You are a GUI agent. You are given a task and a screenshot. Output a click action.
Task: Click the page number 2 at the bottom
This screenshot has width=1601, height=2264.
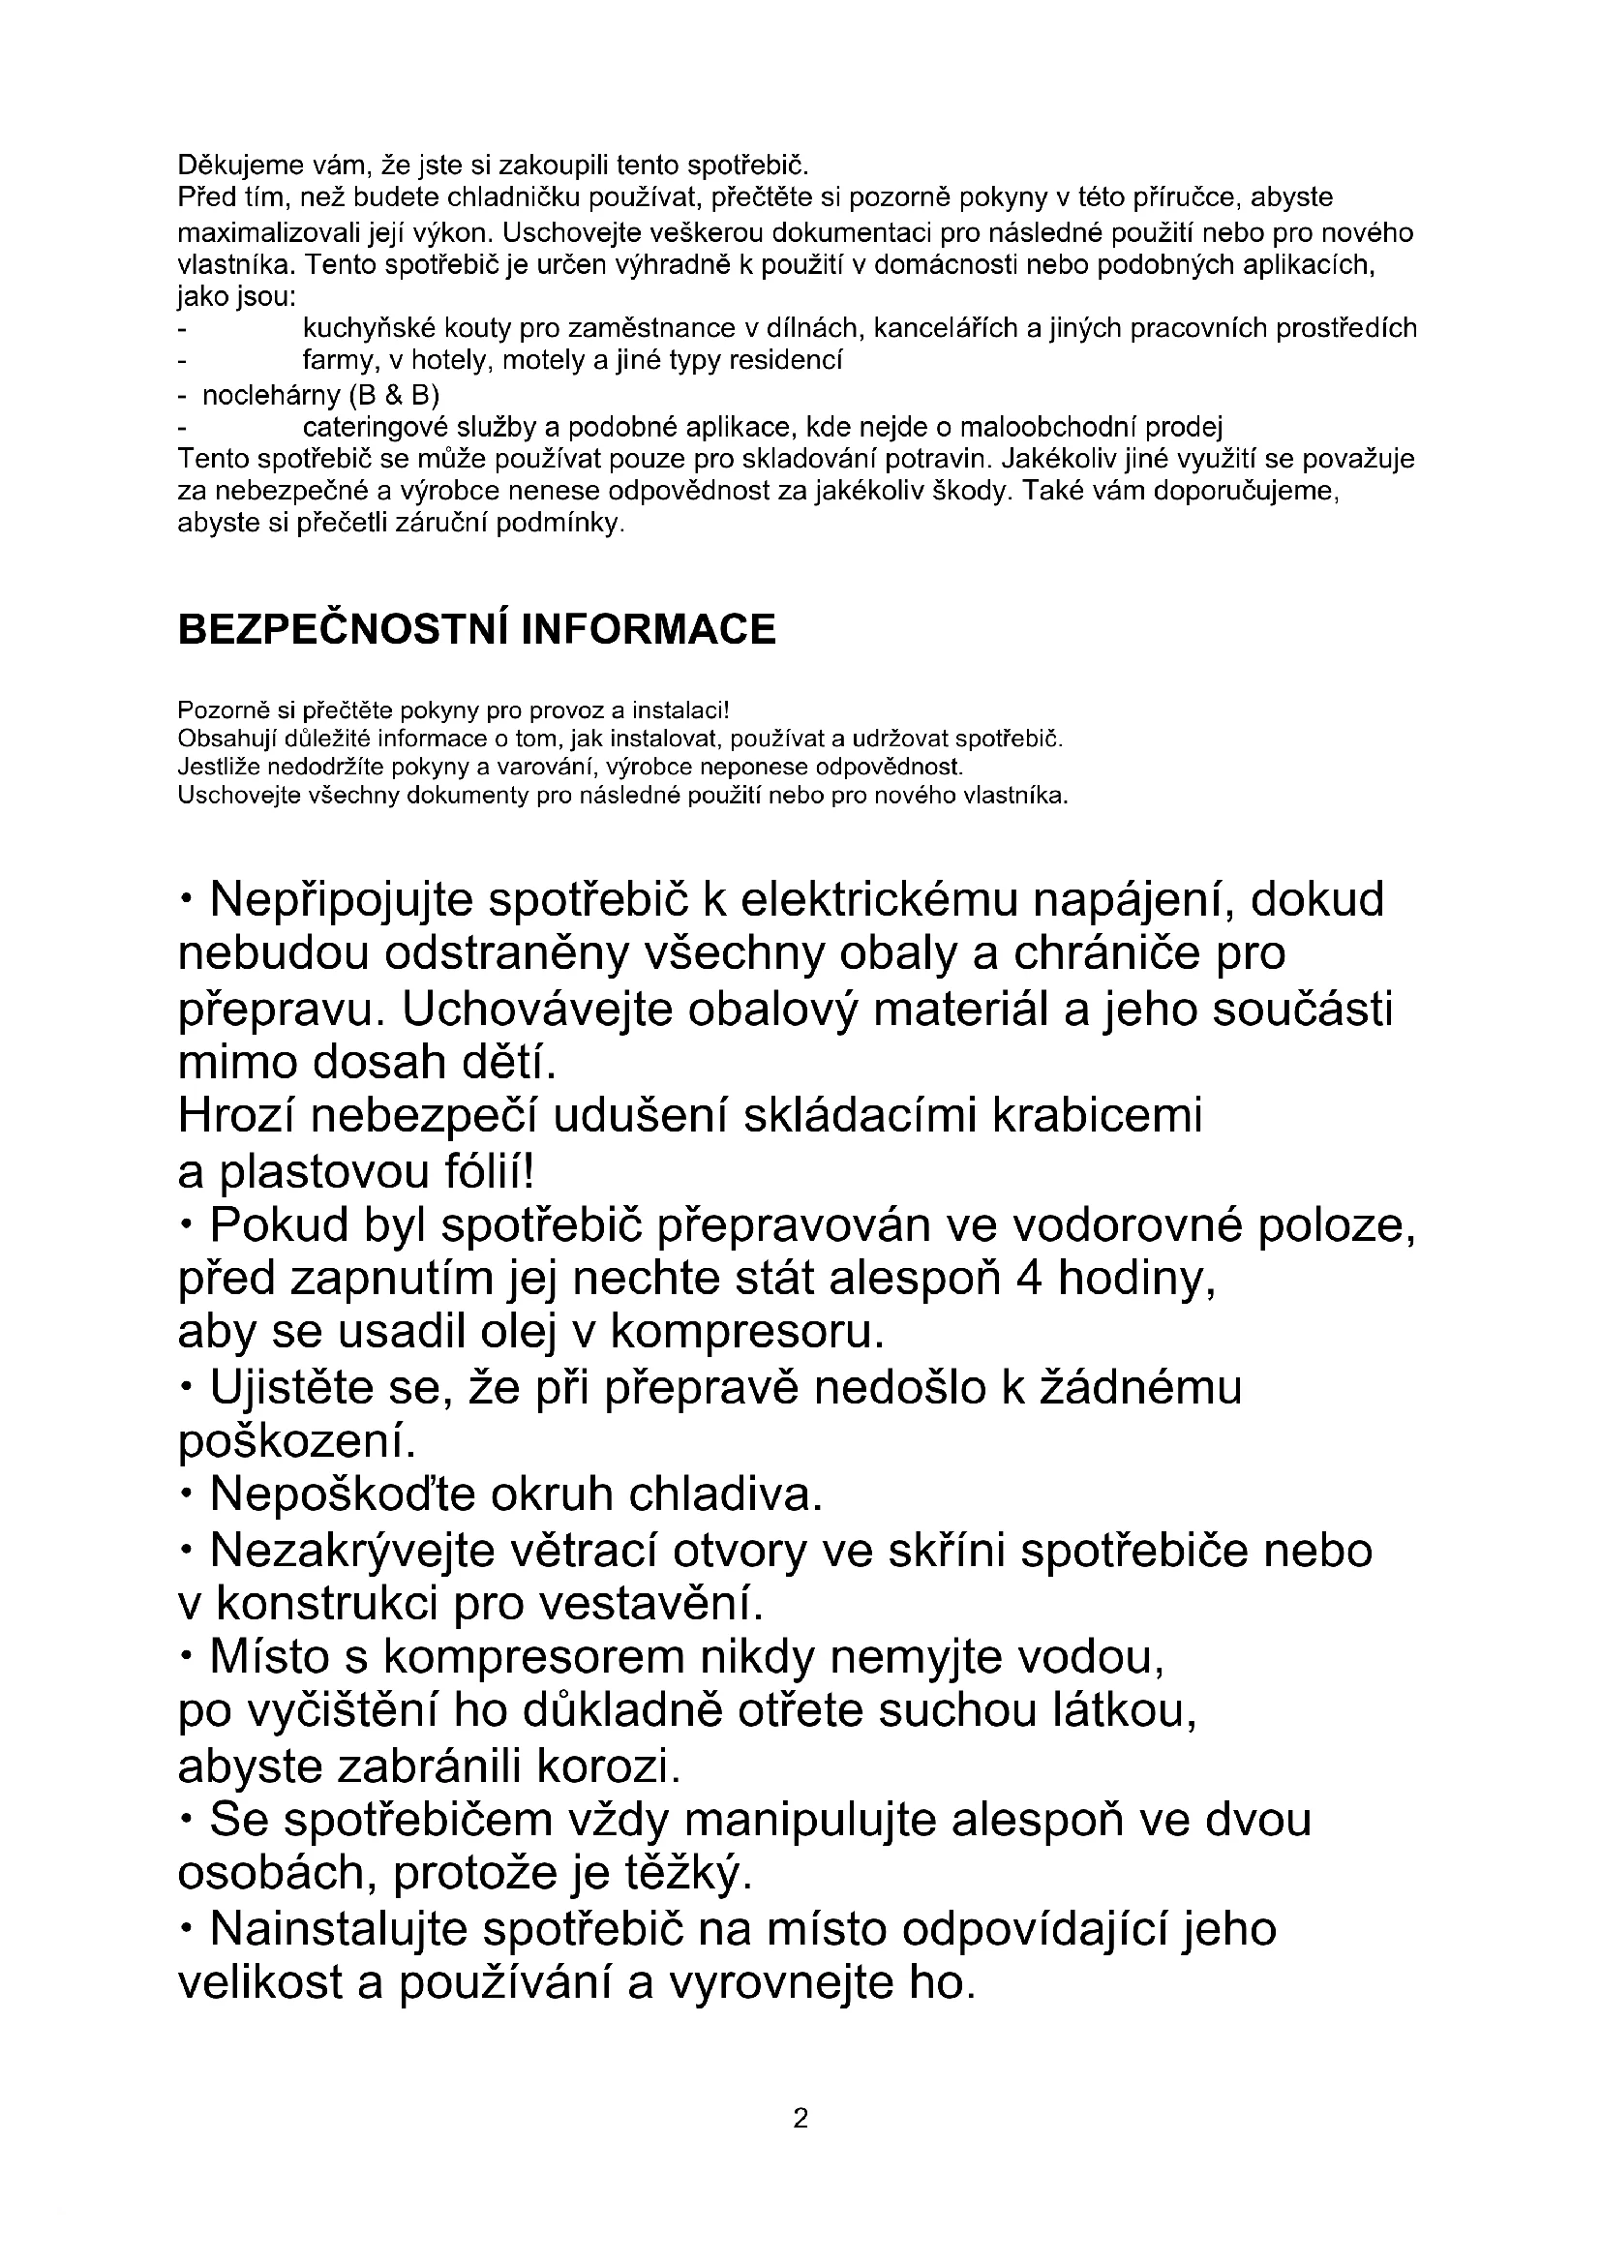coord(800,2118)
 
